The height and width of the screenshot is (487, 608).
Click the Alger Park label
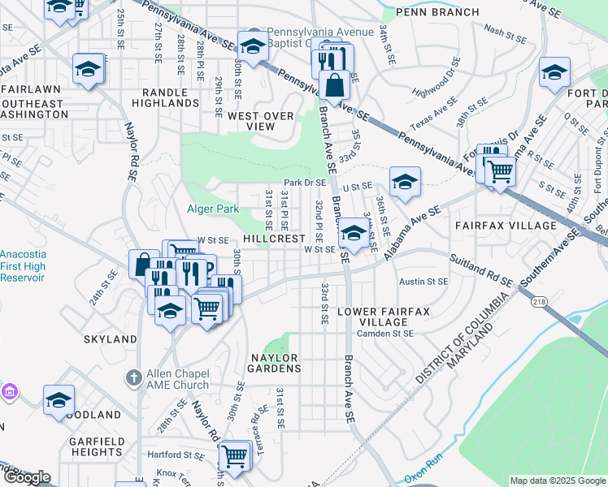214,209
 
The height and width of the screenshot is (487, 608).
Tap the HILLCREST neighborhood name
273,239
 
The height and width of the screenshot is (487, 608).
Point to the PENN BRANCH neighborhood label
428,12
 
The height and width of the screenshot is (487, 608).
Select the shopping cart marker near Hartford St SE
235,455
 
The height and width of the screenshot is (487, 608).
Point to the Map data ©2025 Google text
557,481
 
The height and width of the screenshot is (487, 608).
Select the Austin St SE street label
423,282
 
